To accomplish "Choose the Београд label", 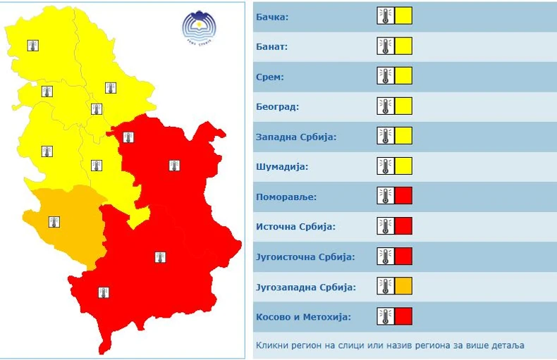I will pyautogui.click(x=278, y=107).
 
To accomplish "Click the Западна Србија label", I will pyautogui.click(x=296, y=137).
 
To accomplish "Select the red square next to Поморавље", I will pyautogui.click(x=403, y=196).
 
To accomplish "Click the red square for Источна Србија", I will pyautogui.click(x=403, y=226).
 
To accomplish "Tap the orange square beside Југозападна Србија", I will pyautogui.click(x=403, y=286).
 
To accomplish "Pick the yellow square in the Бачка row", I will pyautogui.click(x=403, y=16).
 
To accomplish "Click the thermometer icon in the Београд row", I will pyautogui.click(x=385, y=106).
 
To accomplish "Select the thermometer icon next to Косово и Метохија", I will pyautogui.click(x=385, y=316).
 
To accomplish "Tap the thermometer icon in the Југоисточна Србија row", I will pyautogui.click(x=385, y=256).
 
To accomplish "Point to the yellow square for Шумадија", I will pyautogui.click(x=403, y=166).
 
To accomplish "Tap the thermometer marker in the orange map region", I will pyautogui.click(x=54, y=222).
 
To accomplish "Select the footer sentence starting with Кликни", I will pyautogui.click(x=391, y=346).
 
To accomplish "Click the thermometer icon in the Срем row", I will pyautogui.click(x=385, y=76).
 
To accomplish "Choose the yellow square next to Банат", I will pyautogui.click(x=403, y=46).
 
